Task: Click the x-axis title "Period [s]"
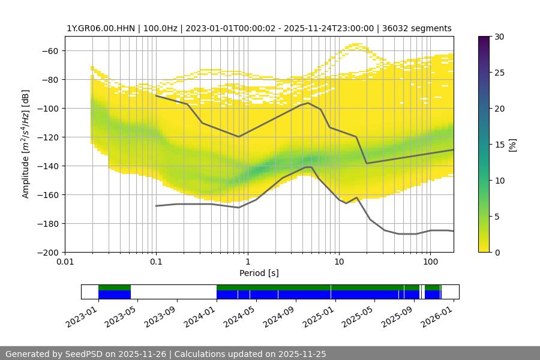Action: tap(259, 273)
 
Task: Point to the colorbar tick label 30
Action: tap(499, 37)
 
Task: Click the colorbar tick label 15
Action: tap(499, 145)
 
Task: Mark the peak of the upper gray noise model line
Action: tap(308, 103)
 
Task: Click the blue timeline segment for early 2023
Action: tap(114, 295)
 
